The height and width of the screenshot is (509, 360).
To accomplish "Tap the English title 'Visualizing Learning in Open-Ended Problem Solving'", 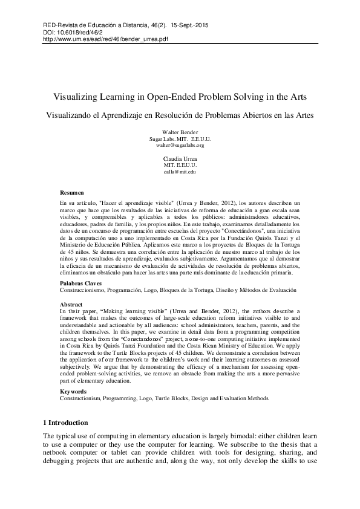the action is [x=180, y=97].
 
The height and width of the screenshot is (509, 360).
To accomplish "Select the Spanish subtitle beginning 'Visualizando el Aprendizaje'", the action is [x=180, y=115].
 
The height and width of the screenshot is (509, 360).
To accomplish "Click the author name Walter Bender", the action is [x=180, y=132].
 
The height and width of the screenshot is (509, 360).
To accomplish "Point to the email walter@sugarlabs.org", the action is [x=180, y=145].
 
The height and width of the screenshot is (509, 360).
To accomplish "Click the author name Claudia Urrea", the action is [x=180, y=159].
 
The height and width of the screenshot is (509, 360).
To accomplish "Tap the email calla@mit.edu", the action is [x=180, y=172].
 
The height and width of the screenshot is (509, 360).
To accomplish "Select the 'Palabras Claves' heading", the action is [x=80, y=283].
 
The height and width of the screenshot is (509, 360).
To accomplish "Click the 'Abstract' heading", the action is [x=71, y=304].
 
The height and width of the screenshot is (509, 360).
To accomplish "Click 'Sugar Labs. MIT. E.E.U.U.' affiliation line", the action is [x=180, y=138].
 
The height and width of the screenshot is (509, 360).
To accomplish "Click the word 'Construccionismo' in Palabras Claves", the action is [x=83, y=290].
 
